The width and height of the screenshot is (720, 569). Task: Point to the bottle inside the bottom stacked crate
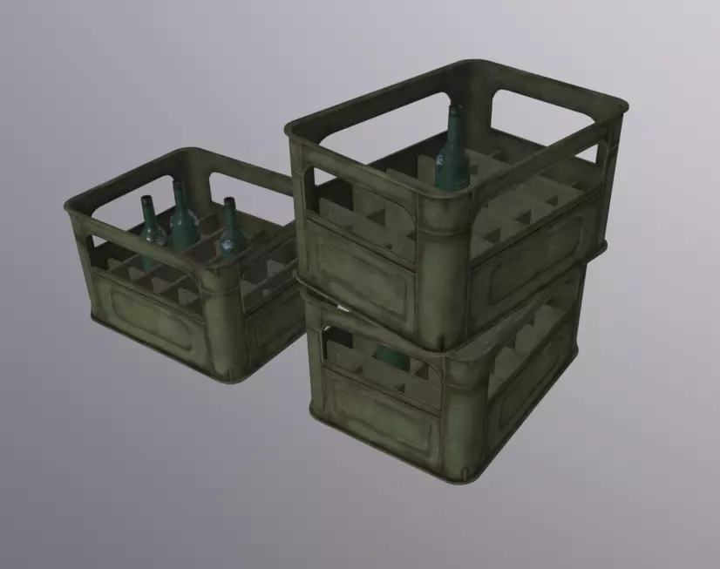point(390,356)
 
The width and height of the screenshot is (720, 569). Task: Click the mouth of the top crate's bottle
point(456,109)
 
